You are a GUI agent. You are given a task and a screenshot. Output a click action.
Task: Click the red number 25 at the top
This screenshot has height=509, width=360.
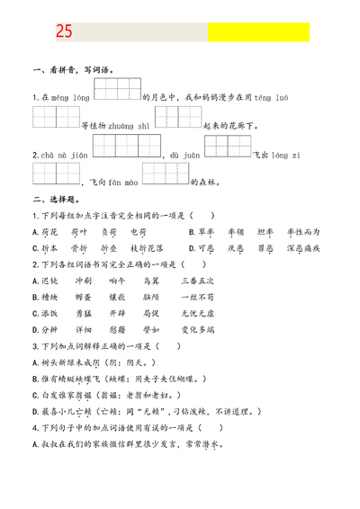pos(63,32)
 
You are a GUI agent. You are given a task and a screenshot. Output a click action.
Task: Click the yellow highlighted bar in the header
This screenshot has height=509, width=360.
pos(258,32)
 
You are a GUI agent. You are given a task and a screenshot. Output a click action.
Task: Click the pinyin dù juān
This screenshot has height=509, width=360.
pos(184,155)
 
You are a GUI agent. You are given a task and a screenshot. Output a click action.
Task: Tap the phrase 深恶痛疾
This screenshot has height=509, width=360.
pos(303,246)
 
